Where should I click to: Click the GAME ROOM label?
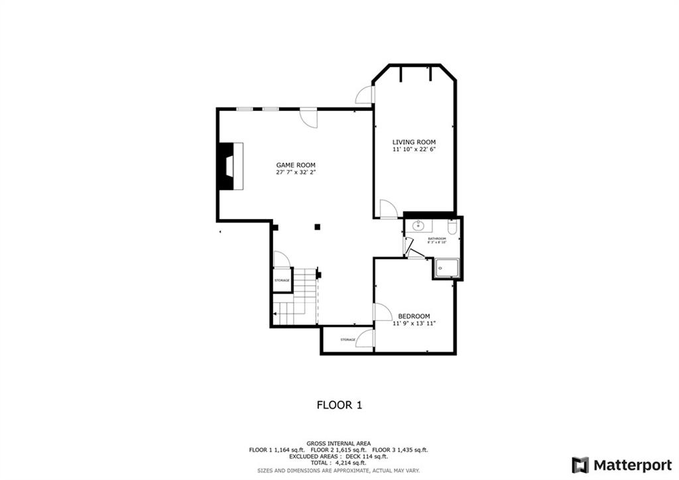pos(296,165)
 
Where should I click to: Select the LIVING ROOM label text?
pos(414,142)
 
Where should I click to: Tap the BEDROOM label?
pos(414,316)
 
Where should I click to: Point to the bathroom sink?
pos(418,226)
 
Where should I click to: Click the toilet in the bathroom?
pos(452,228)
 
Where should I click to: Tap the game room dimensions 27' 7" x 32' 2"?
pos(296,173)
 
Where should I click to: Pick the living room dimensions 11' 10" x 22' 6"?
pos(414,150)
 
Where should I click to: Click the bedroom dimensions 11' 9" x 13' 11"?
pos(414,324)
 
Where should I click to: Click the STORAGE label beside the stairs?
pos(282,281)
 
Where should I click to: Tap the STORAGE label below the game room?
pos(347,340)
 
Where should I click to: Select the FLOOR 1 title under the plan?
pos(339,404)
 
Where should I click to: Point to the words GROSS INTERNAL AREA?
pos(339,443)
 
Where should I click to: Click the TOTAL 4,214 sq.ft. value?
pos(339,463)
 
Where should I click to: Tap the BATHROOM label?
pos(437,238)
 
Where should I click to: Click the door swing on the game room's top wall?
pos(309,118)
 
